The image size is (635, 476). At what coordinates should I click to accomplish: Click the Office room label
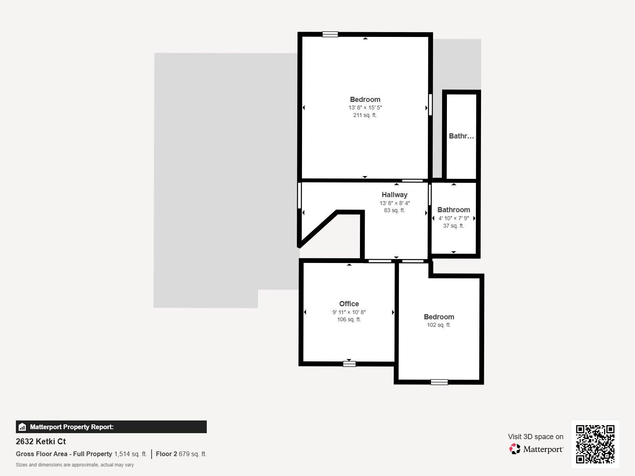349,304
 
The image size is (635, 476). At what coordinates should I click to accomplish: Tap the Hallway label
394,195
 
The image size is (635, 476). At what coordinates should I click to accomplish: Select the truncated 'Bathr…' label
461,136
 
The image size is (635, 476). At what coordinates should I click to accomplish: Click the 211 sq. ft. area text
365,115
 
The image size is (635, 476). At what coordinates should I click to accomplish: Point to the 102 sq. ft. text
439,325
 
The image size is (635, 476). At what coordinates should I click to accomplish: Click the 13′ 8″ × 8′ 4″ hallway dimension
394,203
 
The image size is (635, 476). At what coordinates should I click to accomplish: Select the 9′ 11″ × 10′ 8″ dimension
349,312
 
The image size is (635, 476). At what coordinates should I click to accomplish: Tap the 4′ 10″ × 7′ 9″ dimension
454,218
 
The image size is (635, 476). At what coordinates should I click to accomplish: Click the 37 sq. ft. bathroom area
454,226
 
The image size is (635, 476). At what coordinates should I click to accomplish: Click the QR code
595,444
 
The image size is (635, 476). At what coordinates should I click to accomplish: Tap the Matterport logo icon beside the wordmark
515,449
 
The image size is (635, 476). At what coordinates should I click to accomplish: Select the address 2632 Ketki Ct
41,441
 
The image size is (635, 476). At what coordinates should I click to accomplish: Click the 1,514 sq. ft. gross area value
131,454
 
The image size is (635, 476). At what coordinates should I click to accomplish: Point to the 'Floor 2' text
166,454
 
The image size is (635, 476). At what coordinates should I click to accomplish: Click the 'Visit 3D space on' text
535,437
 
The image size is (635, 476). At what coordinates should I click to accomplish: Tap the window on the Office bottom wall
349,363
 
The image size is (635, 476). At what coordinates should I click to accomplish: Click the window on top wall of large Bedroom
330,35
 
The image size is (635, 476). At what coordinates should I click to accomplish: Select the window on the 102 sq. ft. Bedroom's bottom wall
439,382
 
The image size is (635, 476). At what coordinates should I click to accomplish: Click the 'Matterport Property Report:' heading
72,427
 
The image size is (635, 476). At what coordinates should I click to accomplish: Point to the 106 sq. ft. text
349,320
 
